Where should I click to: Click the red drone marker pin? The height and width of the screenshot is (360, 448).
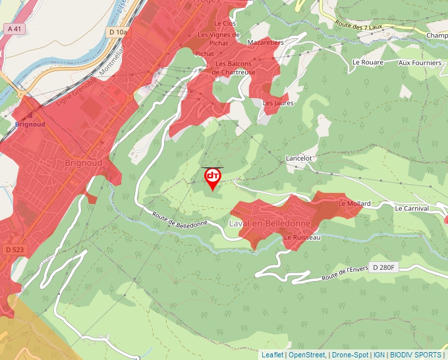pyautogui.click(x=212, y=178)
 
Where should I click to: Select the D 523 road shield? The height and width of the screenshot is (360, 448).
pyautogui.click(x=13, y=249)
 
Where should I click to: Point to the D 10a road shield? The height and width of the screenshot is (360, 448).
pyautogui.click(x=119, y=32)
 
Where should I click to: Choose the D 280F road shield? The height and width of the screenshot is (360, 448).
pyautogui.click(x=383, y=267)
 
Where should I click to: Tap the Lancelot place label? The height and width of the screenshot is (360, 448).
pyautogui.click(x=298, y=159)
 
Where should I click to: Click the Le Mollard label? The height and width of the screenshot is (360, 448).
pyautogui.click(x=354, y=204)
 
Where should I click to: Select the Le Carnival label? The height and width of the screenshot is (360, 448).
pyautogui.click(x=412, y=208)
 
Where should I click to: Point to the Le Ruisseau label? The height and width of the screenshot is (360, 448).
pyautogui.click(x=302, y=237)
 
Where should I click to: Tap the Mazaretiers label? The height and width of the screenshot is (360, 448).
pyautogui.click(x=265, y=42)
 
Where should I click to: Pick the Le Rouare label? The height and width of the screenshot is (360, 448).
pyautogui.click(x=368, y=63)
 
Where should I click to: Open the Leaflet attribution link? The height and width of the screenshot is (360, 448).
pyautogui.click(x=272, y=355)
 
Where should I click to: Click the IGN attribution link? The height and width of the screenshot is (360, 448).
pyautogui.click(x=379, y=355)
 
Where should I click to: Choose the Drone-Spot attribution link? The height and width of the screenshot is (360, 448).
pyautogui.click(x=350, y=355)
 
